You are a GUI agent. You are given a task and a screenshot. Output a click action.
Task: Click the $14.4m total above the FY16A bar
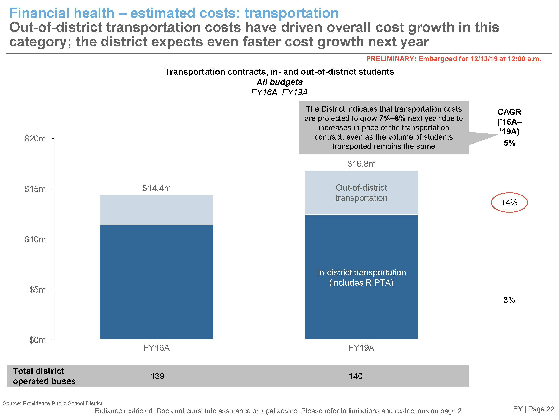tap(157, 188)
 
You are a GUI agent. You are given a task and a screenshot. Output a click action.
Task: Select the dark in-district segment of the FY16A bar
tap(157, 282)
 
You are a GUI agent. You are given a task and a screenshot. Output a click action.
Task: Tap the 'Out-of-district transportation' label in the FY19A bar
tap(361, 193)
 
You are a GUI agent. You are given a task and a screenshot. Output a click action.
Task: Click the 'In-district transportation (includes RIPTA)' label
tap(361, 277)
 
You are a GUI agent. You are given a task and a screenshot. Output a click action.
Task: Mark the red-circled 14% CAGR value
tap(509, 203)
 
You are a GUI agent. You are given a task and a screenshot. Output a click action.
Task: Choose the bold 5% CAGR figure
tap(509, 143)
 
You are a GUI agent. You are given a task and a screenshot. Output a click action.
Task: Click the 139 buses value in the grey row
tap(157, 376)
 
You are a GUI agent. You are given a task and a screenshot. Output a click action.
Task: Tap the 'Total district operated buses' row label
tap(44, 376)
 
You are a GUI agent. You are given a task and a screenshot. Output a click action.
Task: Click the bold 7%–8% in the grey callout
tap(392, 119)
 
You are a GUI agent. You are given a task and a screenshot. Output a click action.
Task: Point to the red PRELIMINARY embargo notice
tap(454, 59)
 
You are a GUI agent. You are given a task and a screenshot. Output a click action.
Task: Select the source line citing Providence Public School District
tap(53, 403)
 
